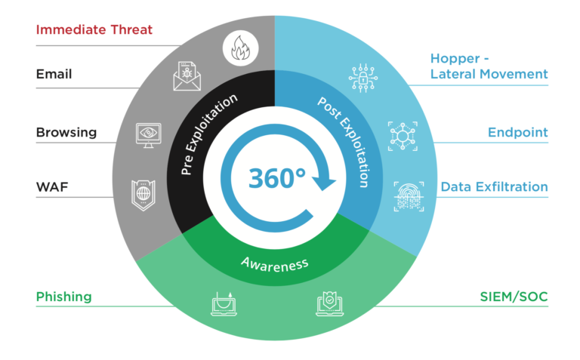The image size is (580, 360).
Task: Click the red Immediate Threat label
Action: pos(94,29)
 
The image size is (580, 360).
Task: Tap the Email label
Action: pos(54,74)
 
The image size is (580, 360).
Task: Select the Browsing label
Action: pos(66,133)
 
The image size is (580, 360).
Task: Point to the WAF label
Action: pos(51,186)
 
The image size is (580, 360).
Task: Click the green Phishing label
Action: pos(63,297)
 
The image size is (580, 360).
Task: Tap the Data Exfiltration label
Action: pos(494,186)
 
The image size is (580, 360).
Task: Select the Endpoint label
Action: pos(517,133)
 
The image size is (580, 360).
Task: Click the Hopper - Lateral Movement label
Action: pos(489,66)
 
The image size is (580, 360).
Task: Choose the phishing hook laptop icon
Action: pos(223,303)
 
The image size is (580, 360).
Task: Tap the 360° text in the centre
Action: pos(277,178)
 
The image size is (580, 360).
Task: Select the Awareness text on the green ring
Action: pos(275,263)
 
